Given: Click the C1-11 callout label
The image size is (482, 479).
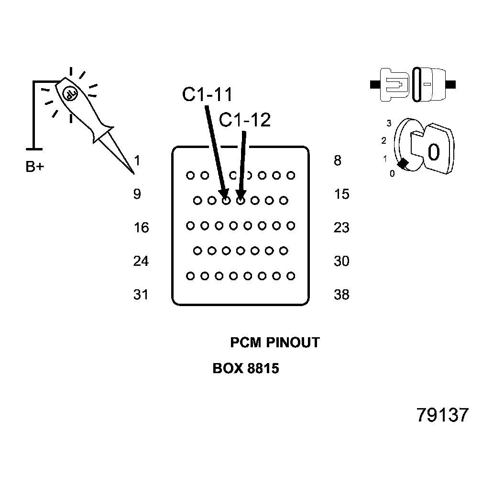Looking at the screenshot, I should [207, 94].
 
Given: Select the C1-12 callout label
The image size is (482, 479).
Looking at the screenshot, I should [244, 120].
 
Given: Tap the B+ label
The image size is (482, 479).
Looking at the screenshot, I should [34, 167].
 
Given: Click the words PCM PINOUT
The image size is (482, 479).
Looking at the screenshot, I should [274, 342].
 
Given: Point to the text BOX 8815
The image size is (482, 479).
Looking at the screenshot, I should [245, 369].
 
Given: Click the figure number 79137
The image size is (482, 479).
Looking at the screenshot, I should [442, 415].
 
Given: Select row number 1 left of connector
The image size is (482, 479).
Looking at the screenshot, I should [138, 160].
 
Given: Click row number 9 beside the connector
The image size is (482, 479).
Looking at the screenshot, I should [137, 194].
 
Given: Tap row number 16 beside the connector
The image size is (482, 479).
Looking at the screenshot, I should [141, 228].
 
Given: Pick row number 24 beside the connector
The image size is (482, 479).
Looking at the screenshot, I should [141, 261].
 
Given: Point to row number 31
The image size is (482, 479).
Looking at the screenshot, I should [141, 295].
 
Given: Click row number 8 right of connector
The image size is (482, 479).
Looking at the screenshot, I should [338, 160].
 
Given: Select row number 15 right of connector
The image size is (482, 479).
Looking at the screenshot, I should [341, 194].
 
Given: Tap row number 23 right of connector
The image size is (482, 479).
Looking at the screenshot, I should [341, 228].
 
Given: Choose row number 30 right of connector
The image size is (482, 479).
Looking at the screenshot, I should [341, 261].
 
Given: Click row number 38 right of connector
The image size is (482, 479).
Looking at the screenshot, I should [341, 295].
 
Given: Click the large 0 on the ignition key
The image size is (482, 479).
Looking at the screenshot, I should [433, 152].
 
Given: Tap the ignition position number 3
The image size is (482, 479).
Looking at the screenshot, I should [389, 123].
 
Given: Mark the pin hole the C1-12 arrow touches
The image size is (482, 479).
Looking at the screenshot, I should [241, 200].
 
